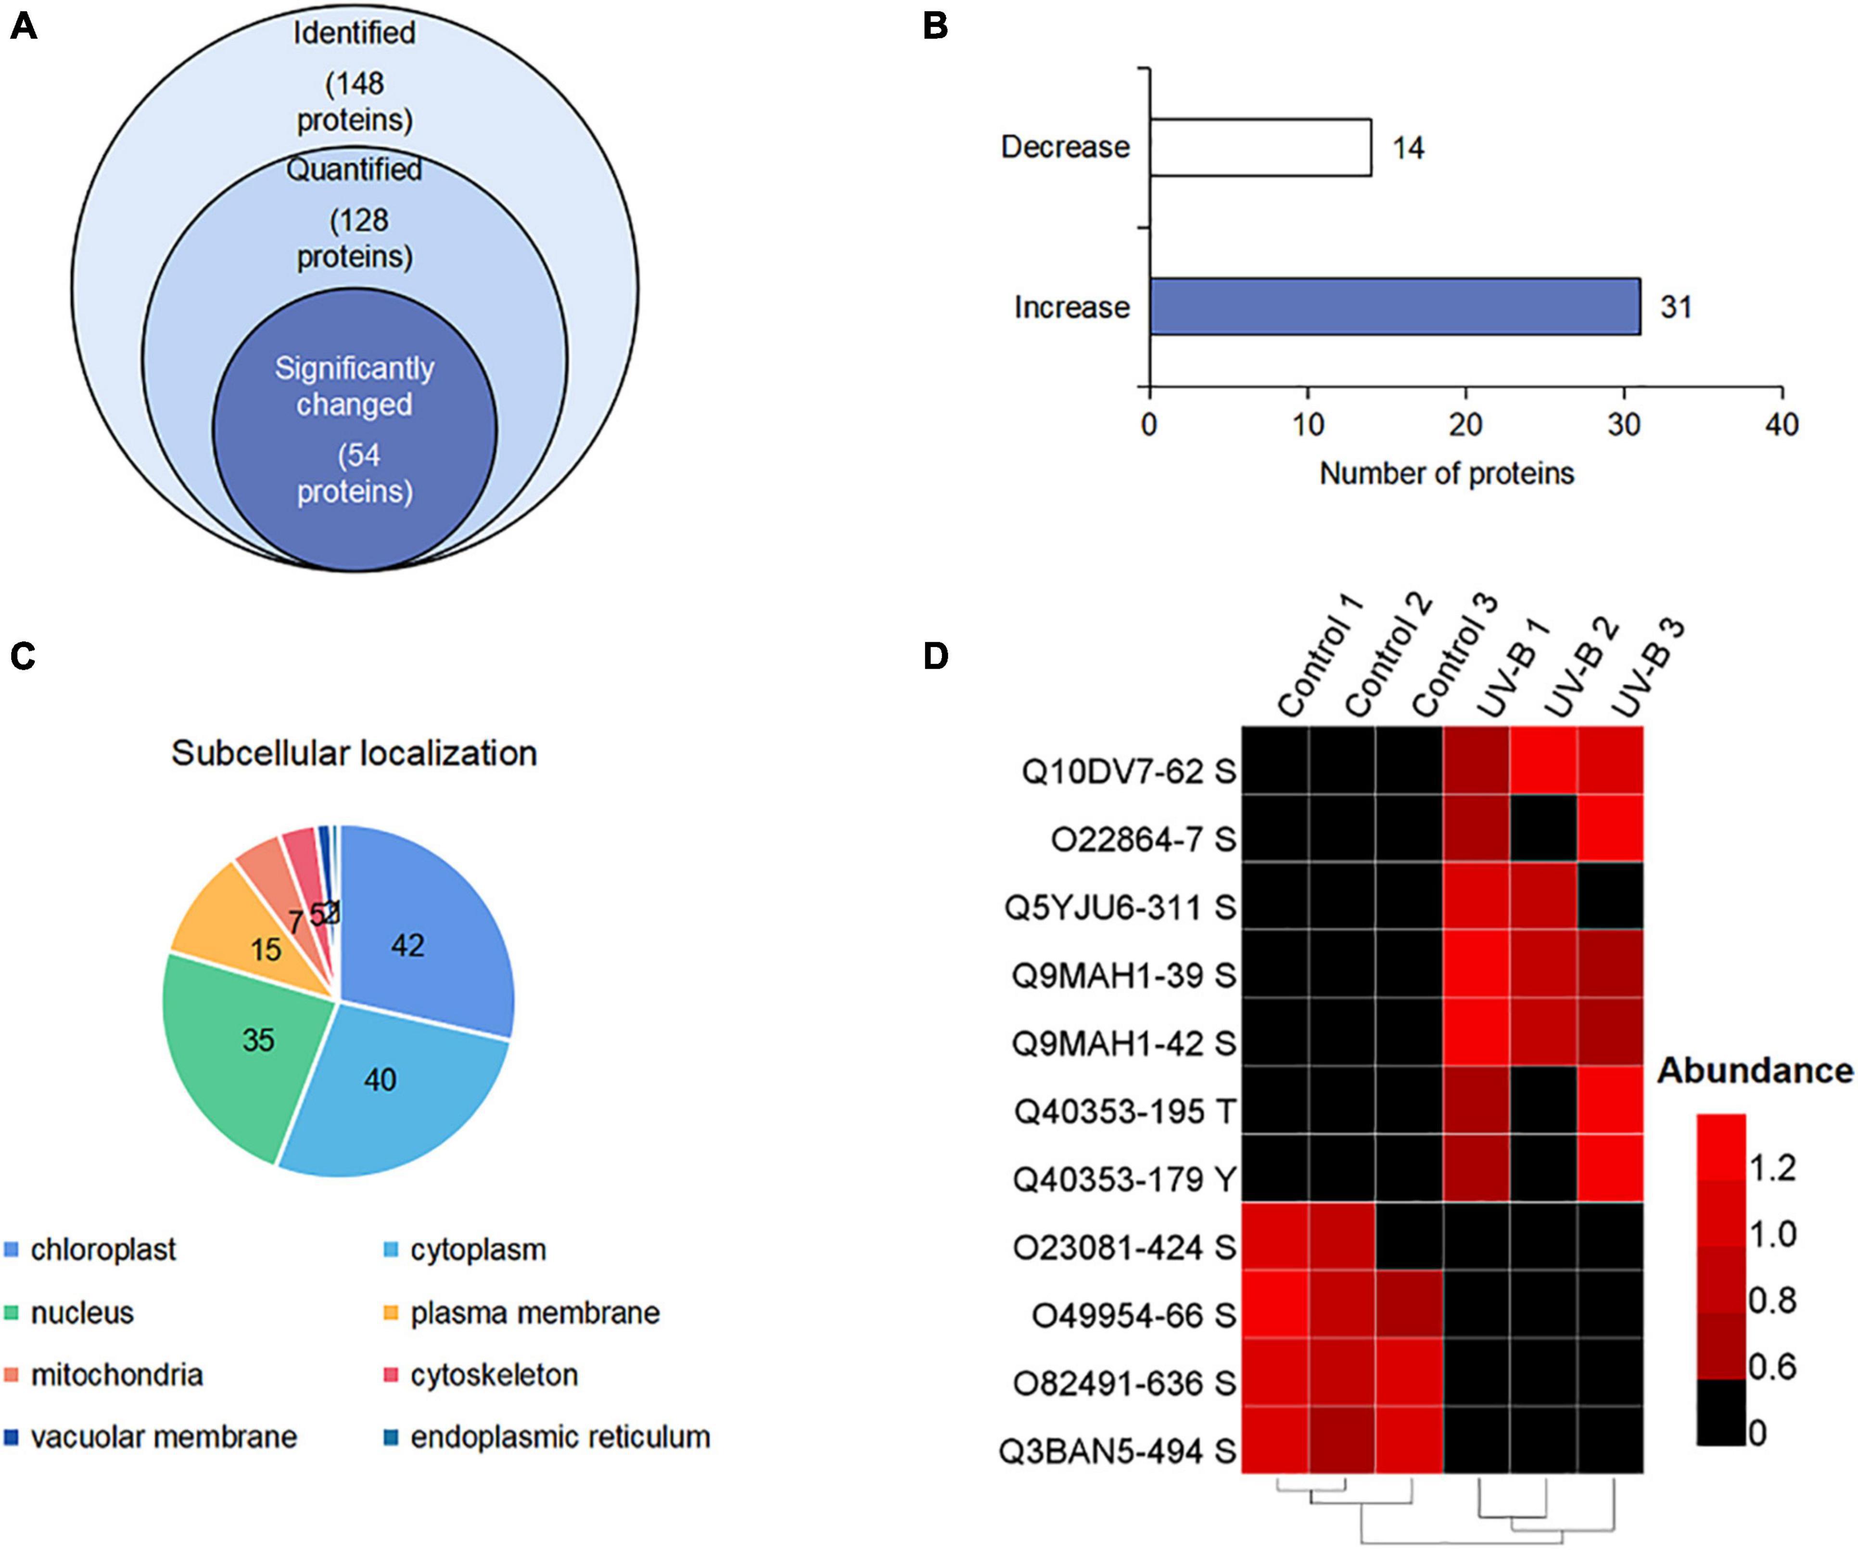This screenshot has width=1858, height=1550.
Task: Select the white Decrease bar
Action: click(1261, 148)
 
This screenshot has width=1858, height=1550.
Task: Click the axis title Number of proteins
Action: click(1447, 473)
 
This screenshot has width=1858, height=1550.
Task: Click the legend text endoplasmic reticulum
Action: click(560, 1437)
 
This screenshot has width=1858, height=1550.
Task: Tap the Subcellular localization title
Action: click(354, 753)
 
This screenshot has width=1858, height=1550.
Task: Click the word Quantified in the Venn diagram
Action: click(354, 169)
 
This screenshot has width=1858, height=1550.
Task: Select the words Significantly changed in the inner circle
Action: click(354, 386)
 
